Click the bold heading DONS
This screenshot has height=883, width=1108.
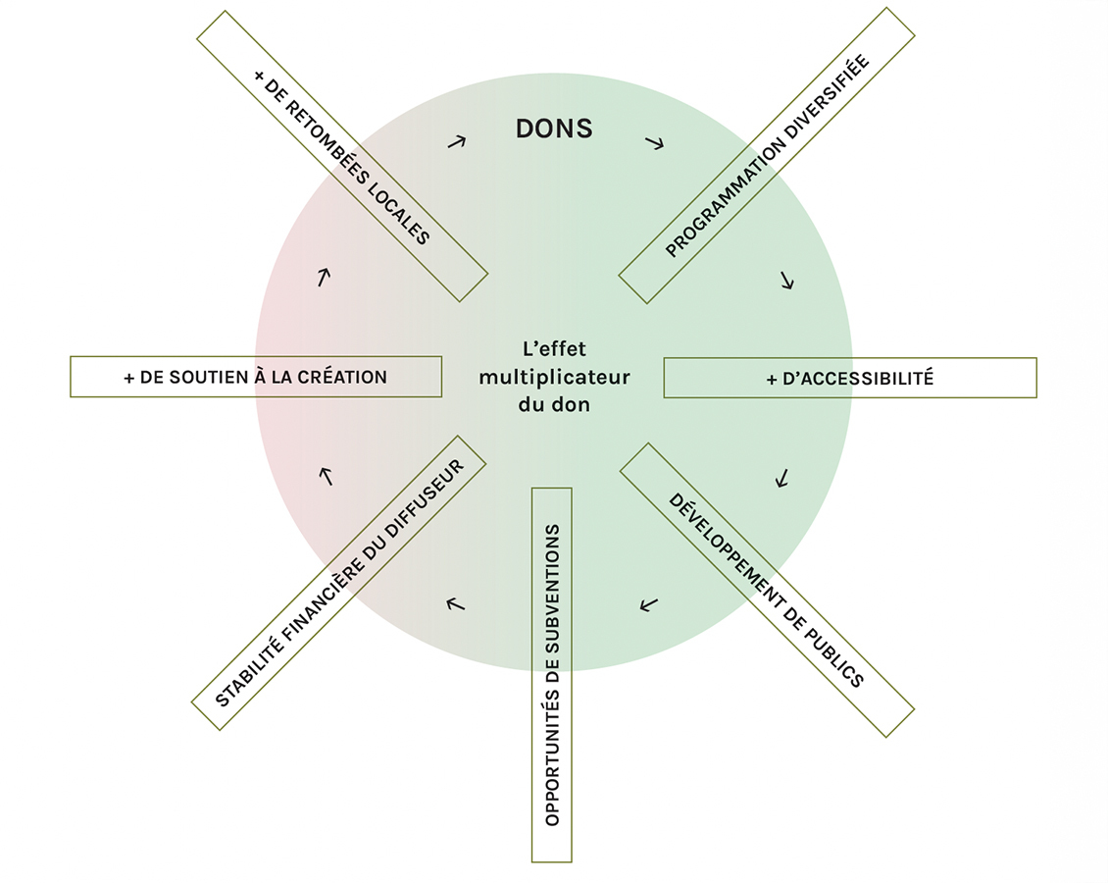click(x=554, y=129)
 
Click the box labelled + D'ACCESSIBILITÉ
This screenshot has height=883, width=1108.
click(x=849, y=378)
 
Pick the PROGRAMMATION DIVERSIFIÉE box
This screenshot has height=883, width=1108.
click(x=767, y=156)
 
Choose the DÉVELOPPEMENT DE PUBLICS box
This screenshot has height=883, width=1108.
click(x=767, y=590)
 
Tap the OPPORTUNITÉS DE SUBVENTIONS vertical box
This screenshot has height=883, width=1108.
click(x=551, y=675)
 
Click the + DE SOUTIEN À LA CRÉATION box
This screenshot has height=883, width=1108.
click(x=256, y=377)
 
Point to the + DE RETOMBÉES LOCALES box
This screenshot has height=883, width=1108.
click(x=342, y=156)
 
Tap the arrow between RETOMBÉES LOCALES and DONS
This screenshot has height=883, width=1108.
click(x=456, y=141)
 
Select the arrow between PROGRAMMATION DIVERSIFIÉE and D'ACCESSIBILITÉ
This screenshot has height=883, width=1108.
click(x=786, y=281)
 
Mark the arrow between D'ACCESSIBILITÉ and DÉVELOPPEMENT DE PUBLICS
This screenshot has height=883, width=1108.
click(x=781, y=479)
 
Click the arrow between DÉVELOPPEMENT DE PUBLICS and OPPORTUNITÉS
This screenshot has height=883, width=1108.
click(x=648, y=603)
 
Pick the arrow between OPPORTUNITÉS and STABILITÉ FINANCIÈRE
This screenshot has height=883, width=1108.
click(x=454, y=603)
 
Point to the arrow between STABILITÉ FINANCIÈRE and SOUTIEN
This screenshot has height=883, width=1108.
click(x=327, y=476)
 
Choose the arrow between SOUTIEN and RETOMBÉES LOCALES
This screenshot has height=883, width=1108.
click(x=324, y=277)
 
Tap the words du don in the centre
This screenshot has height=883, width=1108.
click(x=554, y=404)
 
